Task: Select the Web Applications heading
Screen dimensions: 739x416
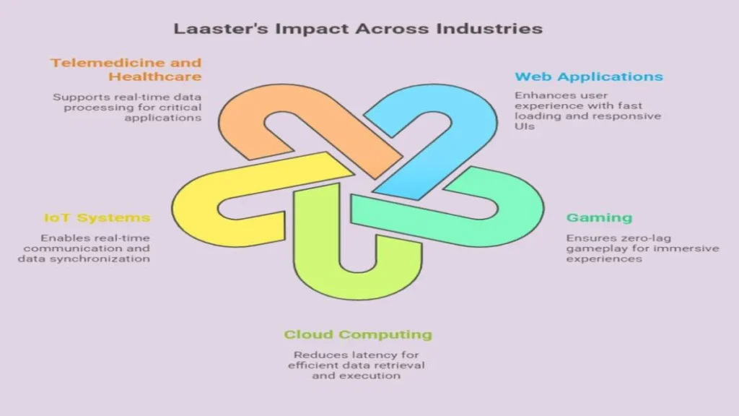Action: [589, 77]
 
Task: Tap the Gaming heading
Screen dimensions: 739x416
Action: [599, 217]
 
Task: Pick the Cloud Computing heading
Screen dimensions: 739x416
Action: [358, 334]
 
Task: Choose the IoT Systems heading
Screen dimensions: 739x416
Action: [97, 217]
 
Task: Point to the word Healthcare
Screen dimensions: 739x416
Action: [155, 77]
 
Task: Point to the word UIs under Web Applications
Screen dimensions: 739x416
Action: [525, 126]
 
